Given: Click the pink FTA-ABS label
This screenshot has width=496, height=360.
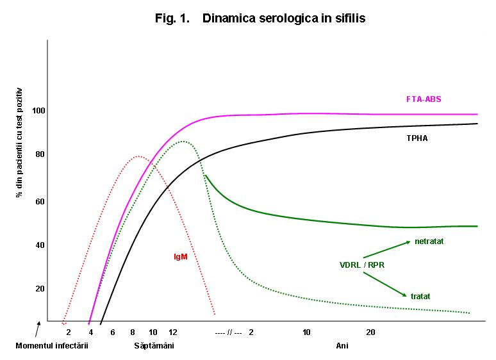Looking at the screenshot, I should coord(424,99).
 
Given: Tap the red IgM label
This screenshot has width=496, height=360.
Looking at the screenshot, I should coord(180,257).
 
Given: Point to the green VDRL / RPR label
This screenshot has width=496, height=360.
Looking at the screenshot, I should coord(362,265).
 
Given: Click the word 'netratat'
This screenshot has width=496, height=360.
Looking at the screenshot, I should coord(429,241).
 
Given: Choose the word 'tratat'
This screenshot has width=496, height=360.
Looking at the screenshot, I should coord(420,296).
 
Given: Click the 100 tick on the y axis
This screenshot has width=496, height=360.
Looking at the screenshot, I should coord(40,111).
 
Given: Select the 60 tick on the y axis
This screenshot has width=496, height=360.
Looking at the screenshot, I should coord(40,201).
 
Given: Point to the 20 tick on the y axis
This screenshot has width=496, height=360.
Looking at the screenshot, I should coord(40,288).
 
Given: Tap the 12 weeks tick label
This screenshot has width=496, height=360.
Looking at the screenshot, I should coord(172,332).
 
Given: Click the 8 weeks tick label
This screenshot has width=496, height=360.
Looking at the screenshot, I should coord(133,332).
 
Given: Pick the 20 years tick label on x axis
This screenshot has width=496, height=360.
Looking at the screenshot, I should coord(370,332).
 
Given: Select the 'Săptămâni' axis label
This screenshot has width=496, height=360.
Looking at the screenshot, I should coord(154,346).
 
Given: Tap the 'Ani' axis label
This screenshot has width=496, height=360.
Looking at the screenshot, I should coord(342,346).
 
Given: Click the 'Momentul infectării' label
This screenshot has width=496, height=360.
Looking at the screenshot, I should coord(51,346).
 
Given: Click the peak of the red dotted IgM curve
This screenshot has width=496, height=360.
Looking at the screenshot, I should coord(138,156).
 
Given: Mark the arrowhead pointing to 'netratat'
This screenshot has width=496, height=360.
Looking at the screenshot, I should coord(408,242).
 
